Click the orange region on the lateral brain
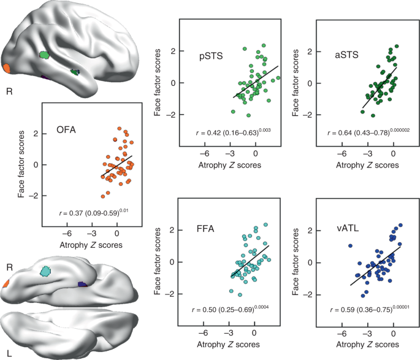tap(6, 67)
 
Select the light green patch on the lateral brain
tap(44, 55)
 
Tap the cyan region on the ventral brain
tap(45, 270)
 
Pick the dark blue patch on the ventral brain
tap(82, 284)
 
